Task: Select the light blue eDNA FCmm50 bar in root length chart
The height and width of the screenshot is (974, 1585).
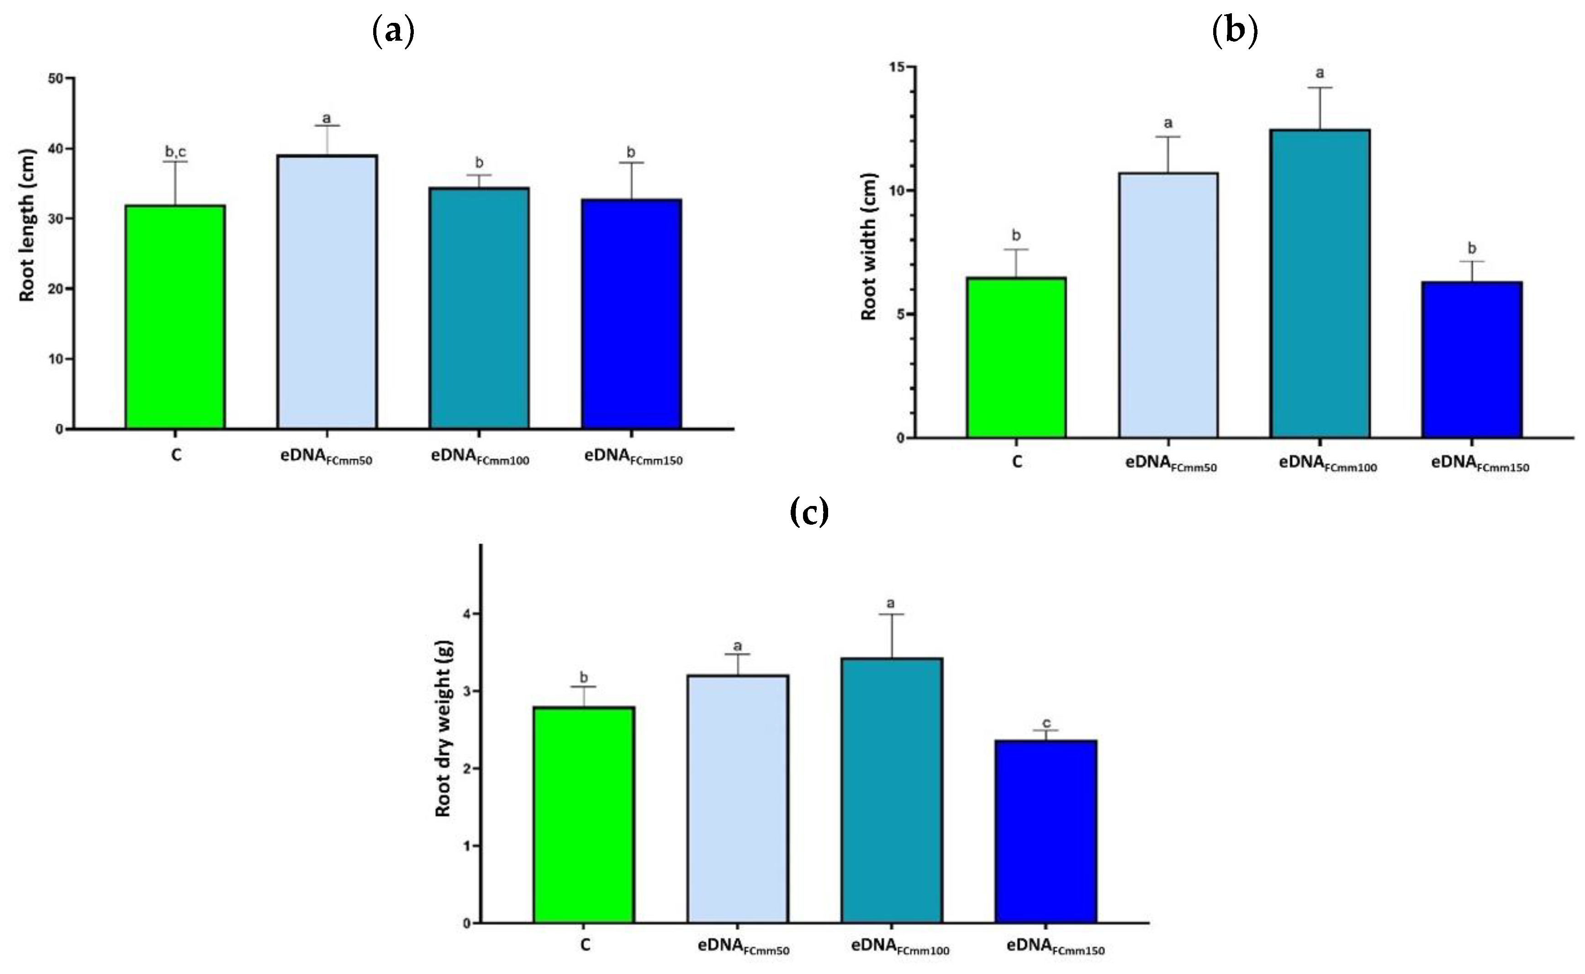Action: pyautogui.click(x=327, y=292)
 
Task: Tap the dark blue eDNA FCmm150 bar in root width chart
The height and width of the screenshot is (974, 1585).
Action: pyautogui.click(x=1472, y=359)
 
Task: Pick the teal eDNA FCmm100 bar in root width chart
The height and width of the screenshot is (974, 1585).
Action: pyautogui.click(x=1320, y=283)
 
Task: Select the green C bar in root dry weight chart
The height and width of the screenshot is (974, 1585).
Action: pyautogui.click(x=584, y=815)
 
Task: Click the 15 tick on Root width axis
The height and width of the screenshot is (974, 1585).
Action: pyautogui.click(x=896, y=67)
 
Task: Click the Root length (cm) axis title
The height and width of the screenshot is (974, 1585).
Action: pyautogui.click(x=26, y=225)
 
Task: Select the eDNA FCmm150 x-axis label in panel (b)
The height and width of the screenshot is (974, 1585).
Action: pyautogui.click(x=1479, y=464)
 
